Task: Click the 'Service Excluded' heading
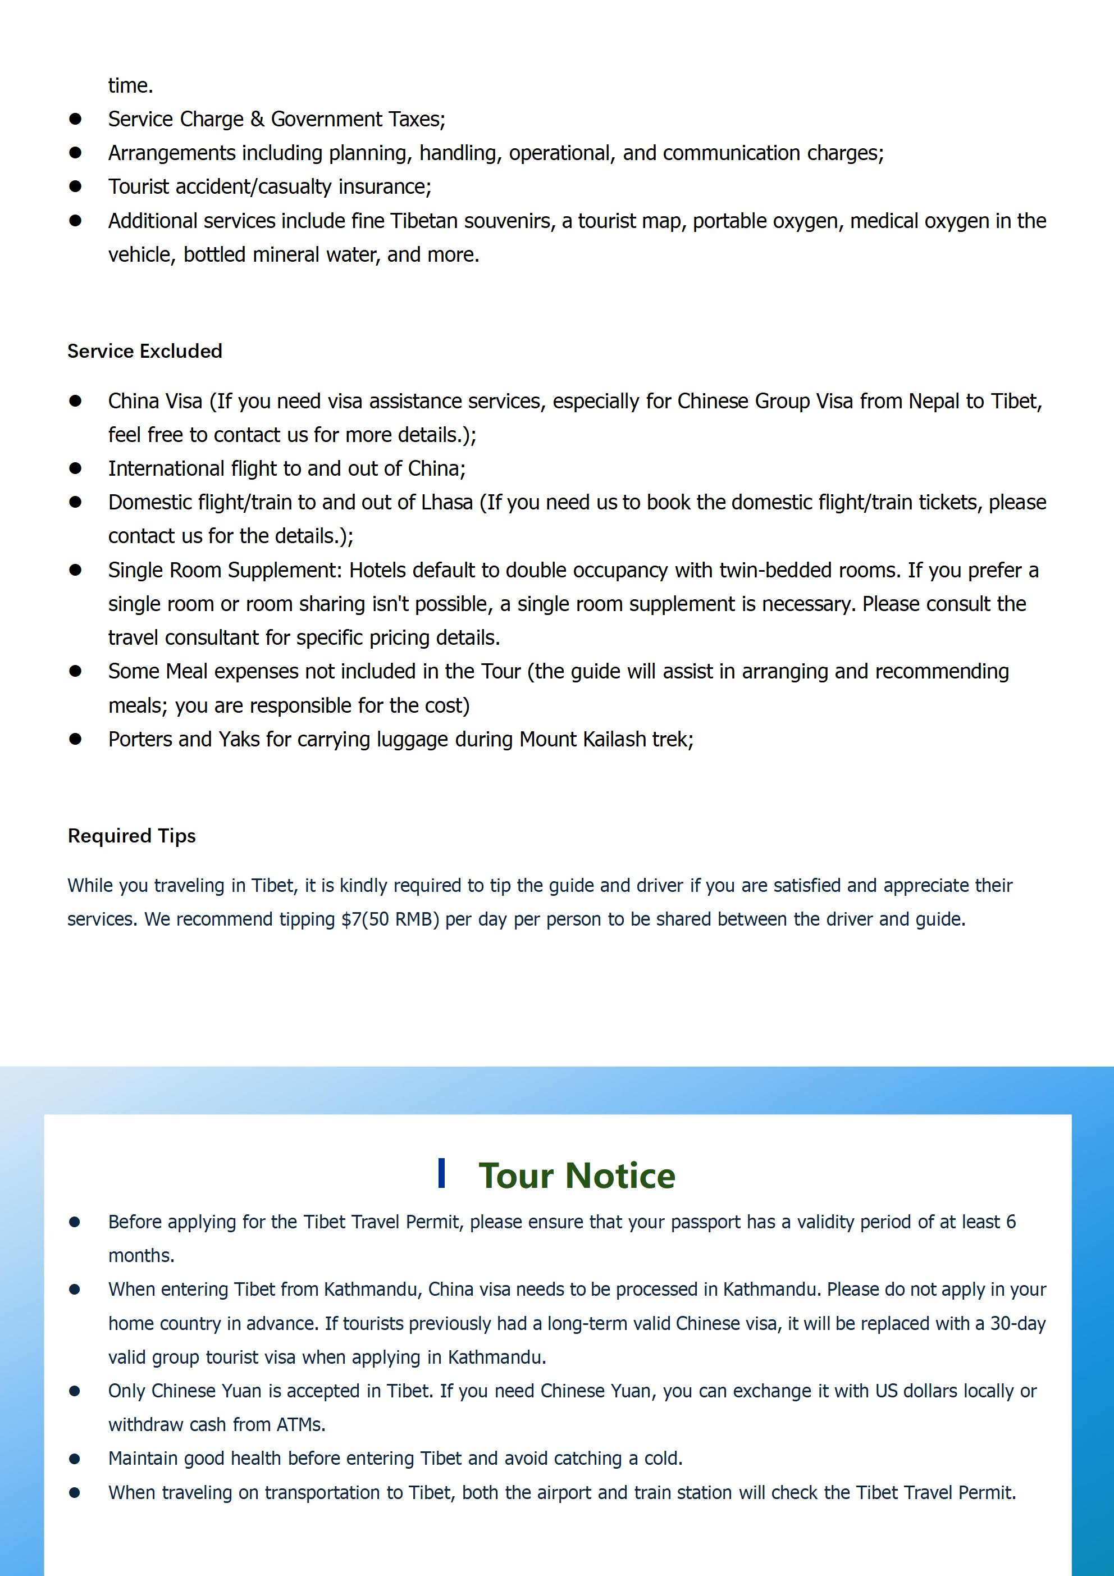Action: (x=145, y=351)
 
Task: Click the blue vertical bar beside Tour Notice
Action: (x=442, y=1173)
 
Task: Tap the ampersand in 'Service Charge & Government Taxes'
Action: (x=257, y=120)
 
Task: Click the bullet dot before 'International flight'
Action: (x=75, y=468)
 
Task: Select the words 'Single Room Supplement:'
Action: (x=225, y=571)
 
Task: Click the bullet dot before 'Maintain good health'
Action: (x=75, y=1458)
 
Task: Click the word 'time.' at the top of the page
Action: (x=130, y=86)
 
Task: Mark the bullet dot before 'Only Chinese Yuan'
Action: (x=75, y=1391)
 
